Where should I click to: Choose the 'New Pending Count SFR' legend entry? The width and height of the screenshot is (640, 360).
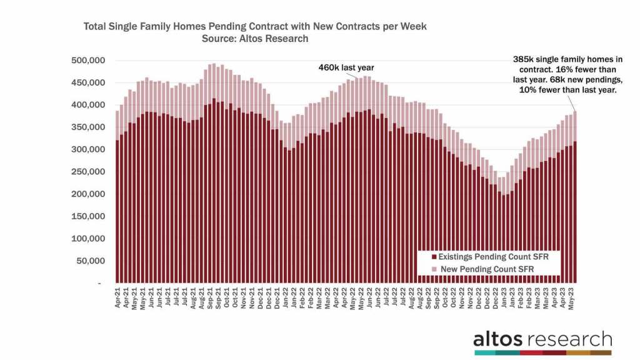point(481,269)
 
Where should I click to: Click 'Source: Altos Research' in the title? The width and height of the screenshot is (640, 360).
point(254,39)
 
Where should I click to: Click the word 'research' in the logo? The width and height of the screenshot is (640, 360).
point(569,339)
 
